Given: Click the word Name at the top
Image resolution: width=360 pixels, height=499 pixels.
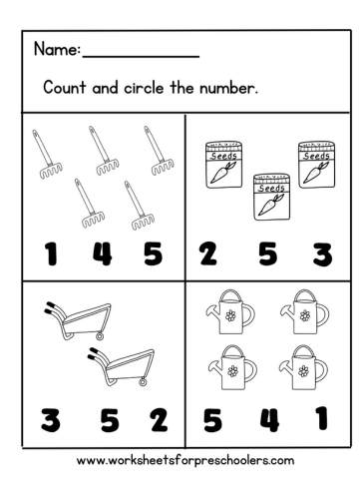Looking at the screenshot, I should click(55, 48).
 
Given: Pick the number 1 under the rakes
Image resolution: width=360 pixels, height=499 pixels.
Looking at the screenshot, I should click(49, 254).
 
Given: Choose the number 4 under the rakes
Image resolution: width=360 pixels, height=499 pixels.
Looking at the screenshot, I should click(102, 254).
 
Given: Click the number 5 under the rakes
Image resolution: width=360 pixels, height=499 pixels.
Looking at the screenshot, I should click(152, 254).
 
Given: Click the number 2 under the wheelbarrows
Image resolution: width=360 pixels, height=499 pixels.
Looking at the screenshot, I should click(159, 419).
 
